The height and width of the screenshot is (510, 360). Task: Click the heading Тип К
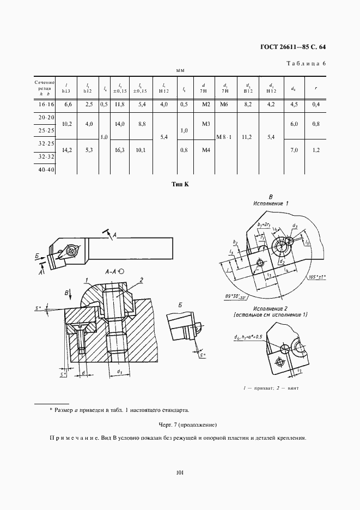click(179, 185)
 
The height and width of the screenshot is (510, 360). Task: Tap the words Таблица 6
click(306, 64)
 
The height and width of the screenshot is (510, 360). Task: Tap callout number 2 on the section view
click(141, 280)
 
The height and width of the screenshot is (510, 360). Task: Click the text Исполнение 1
click(271, 203)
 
